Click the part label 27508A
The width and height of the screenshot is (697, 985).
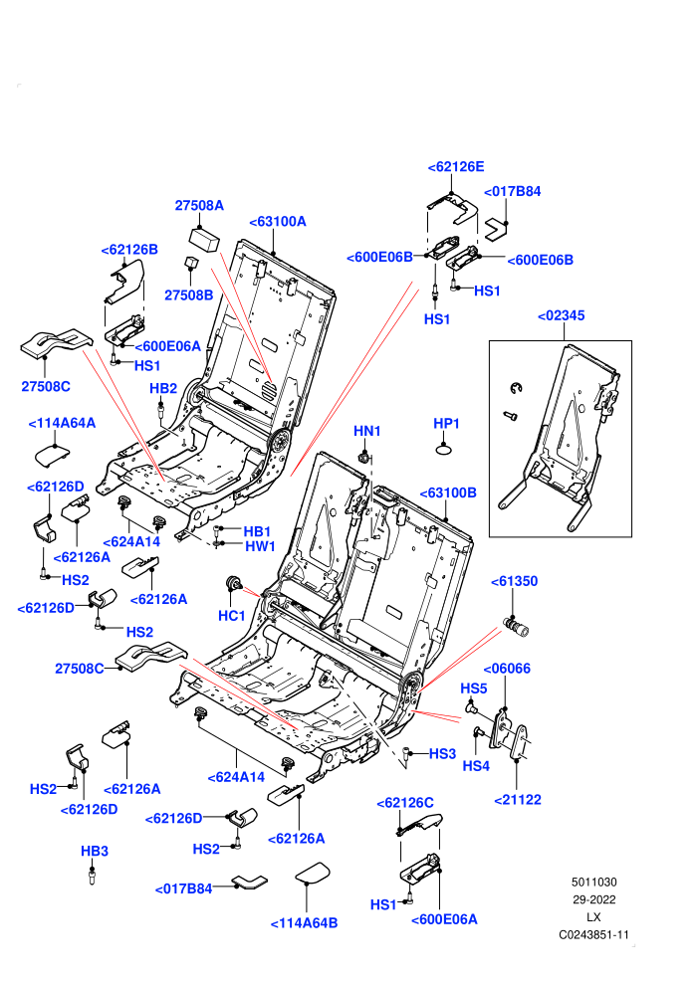coord(199,205)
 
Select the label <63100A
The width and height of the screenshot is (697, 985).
coord(278,222)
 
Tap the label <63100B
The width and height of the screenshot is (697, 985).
coord(448,493)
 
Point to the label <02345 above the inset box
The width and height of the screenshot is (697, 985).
coord(562,315)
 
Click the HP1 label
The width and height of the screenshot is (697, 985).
coord(446,424)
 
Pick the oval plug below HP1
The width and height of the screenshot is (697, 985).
coord(445,449)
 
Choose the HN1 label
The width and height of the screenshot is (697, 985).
coord(367,431)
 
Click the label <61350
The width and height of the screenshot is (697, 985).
coord(514,582)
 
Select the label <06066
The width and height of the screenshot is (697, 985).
coord(507,669)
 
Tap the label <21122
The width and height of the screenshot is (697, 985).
coord(518,800)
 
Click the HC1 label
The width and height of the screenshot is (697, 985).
coord(231,616)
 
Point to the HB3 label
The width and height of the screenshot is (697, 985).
coord(95,852)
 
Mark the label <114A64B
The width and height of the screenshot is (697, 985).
coord(305,923)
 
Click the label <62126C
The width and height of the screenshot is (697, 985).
coord(405,803)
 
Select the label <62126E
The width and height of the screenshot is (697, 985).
coord(456,167)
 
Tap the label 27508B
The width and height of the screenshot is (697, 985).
coord(188,295)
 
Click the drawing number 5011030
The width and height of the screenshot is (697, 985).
coord(593,883)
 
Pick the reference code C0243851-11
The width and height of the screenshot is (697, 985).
coord(593,935)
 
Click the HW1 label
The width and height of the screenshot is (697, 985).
coord(260,546)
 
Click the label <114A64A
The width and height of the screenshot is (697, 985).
coord(62,424)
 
